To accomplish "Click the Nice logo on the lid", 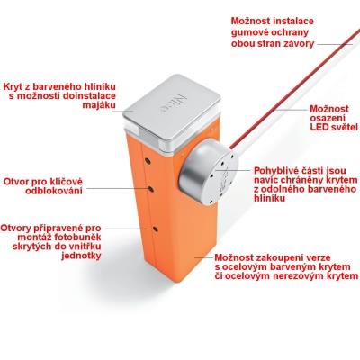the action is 172,104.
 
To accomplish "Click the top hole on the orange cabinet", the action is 148,161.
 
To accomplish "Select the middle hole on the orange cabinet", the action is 151,189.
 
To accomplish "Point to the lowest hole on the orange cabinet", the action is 155,229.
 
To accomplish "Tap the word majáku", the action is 99,106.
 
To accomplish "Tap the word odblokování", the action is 54,191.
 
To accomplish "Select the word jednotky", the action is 81,256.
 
